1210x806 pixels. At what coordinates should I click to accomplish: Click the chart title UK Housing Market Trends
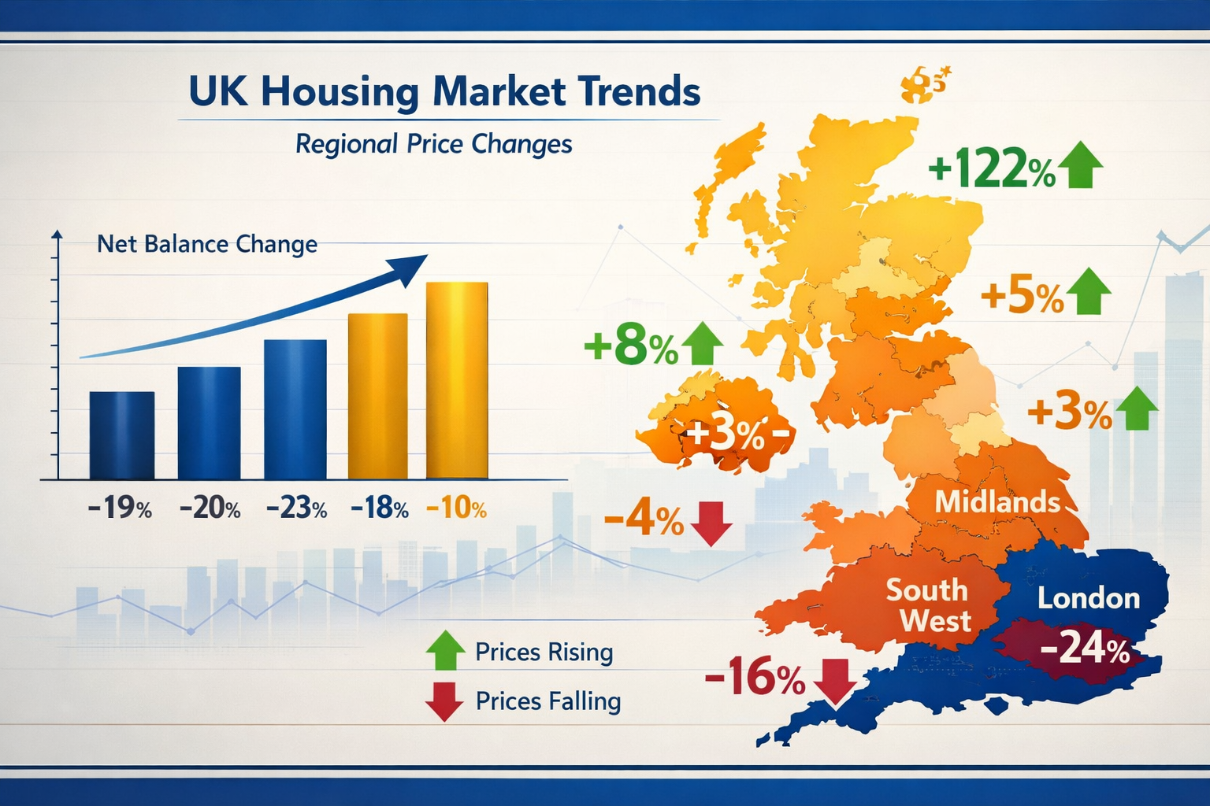pyautogui.click(x=444, y=91)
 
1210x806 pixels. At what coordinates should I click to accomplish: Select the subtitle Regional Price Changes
pyautogui.click(x=433, y=144)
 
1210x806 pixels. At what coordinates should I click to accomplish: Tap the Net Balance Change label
pyautogui.click(x=207, y=244)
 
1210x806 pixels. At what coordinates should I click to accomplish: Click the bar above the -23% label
pyautogui.click(x=295, y=409)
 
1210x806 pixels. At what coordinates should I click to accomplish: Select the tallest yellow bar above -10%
pyautogui.click(x=457, y=379)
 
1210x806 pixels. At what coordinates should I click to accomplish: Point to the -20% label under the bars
pyautogui.click(x=210, y=508)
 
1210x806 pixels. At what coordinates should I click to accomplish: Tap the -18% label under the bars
pyautogui.click(x=380, y=508)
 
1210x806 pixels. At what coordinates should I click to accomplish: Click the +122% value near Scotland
pyautogui.click(x=991, y=168)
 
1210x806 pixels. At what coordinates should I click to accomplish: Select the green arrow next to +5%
pyautogui.click(x=1088, y=291)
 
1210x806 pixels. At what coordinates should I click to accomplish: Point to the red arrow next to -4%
pyautogui.click(x=711, y=523)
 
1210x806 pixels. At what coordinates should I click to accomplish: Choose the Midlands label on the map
pyautogui.click(x=997, y=501)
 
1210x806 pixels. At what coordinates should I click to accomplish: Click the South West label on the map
pyautogui.click(x=927, y=605)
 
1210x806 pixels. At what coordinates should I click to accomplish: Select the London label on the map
pyautogui.click(x=1089, y=598)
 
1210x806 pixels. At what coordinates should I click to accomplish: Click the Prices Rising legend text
pyautogui.click(x=544, y=653)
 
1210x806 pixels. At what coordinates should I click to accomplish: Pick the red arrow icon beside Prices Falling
pyautogui.click(x=444, y=702)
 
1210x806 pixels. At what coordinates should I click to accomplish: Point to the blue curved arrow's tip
pyautogui.click(x=424, y=258)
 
